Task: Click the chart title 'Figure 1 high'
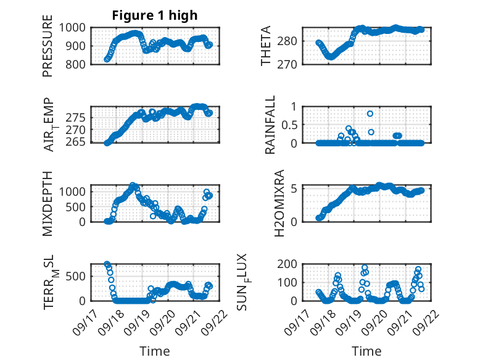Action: click(x=155, y=15)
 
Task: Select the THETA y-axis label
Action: click(x=266, y=46)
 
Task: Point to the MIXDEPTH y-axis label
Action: click(x=48, y=203)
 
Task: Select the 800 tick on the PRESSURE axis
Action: click(x=78, y=64)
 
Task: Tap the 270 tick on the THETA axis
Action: click(x=290, y=64)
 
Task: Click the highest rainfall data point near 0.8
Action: click(x=370, y=114)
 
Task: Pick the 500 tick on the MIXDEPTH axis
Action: click(x=78, y=206)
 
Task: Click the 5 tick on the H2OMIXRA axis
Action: click(x=294, y=188)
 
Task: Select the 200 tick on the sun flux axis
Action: click(x=290, y=264)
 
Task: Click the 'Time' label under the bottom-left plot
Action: click(x=155, y=351)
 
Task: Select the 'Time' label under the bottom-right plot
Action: click(x=366, y=351)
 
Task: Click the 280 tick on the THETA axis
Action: click(x=290, y=41)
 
